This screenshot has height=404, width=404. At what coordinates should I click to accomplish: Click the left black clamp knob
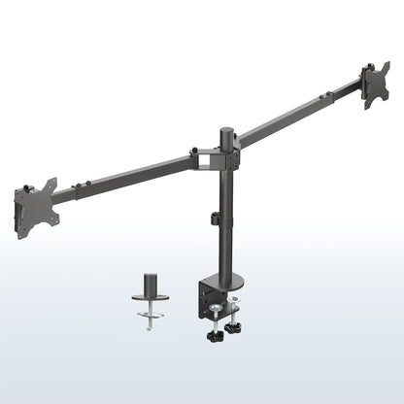(x=213, y=338)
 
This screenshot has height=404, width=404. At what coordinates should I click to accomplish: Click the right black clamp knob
(x=233, y=330)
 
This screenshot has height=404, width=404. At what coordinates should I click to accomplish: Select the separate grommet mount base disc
(x=151, y=298)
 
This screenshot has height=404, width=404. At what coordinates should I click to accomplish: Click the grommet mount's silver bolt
(x=151, y=320)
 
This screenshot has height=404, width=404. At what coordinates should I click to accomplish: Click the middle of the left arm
(x=121, y=178)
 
